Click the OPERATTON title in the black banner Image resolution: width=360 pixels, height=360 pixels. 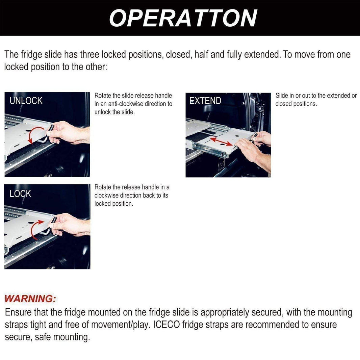[x=183, y=18]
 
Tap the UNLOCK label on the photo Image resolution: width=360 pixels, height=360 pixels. [x=26, y=101]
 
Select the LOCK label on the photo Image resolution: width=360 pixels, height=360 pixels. [x=20, y=194]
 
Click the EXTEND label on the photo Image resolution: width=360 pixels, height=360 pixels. [x=205, y=101]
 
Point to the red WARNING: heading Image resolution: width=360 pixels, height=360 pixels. [x=30, y=299]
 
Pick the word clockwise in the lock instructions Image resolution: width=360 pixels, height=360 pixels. [x=107, y=196]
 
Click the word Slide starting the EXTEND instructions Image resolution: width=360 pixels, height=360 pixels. [x=282, y=96]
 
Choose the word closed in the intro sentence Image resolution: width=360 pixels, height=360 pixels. [x=178, y=55]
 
